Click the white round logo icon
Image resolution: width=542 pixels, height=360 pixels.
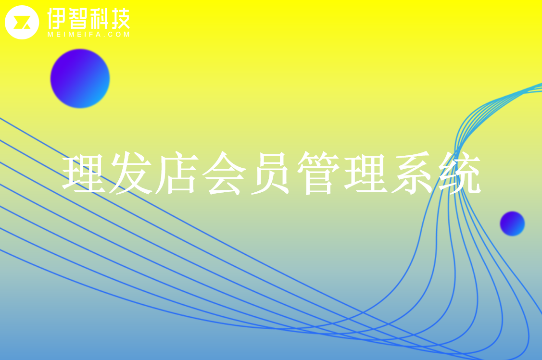click(x=22, y=23)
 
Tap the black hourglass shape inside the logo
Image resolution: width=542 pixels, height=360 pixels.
click(x=22, y=23)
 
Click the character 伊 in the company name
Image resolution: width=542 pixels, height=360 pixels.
click(x=57, y=19)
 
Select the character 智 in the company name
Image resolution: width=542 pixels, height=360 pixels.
click(x=78, y=19)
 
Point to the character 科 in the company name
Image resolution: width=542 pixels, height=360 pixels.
click(x=99, y=19)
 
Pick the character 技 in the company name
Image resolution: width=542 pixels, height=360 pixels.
click(x=120, y=19)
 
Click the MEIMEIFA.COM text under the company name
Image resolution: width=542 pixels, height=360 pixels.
click(x=89, y=35)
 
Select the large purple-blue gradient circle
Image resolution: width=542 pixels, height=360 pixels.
click(x=80, y=78)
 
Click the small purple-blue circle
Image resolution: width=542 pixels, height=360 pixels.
click(x=512, y=223)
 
